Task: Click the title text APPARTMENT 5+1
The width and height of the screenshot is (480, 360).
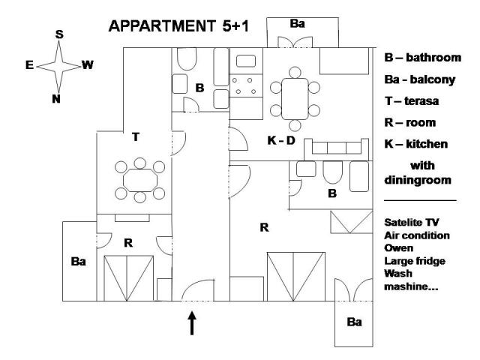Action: [x=179, y=25]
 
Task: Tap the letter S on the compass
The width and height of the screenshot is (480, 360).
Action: [x=59, y=34]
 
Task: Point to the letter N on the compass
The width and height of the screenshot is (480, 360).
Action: [x=56, y=97]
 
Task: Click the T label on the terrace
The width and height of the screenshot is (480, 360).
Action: [x=135, y=136]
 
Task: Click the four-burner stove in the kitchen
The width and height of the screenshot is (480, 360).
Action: [x=243, y=85]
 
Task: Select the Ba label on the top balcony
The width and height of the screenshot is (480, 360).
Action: [x=298, y=24]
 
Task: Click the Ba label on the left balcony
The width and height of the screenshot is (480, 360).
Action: [x=79, y=262]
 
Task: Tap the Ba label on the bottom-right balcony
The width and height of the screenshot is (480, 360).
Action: [x=354, y=322]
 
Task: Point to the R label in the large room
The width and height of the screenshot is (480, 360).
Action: [x=264, y=227]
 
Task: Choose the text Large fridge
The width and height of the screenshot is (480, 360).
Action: [x=414, y=260]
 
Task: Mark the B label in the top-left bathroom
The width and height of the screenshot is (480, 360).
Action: [x=199, y=88]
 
